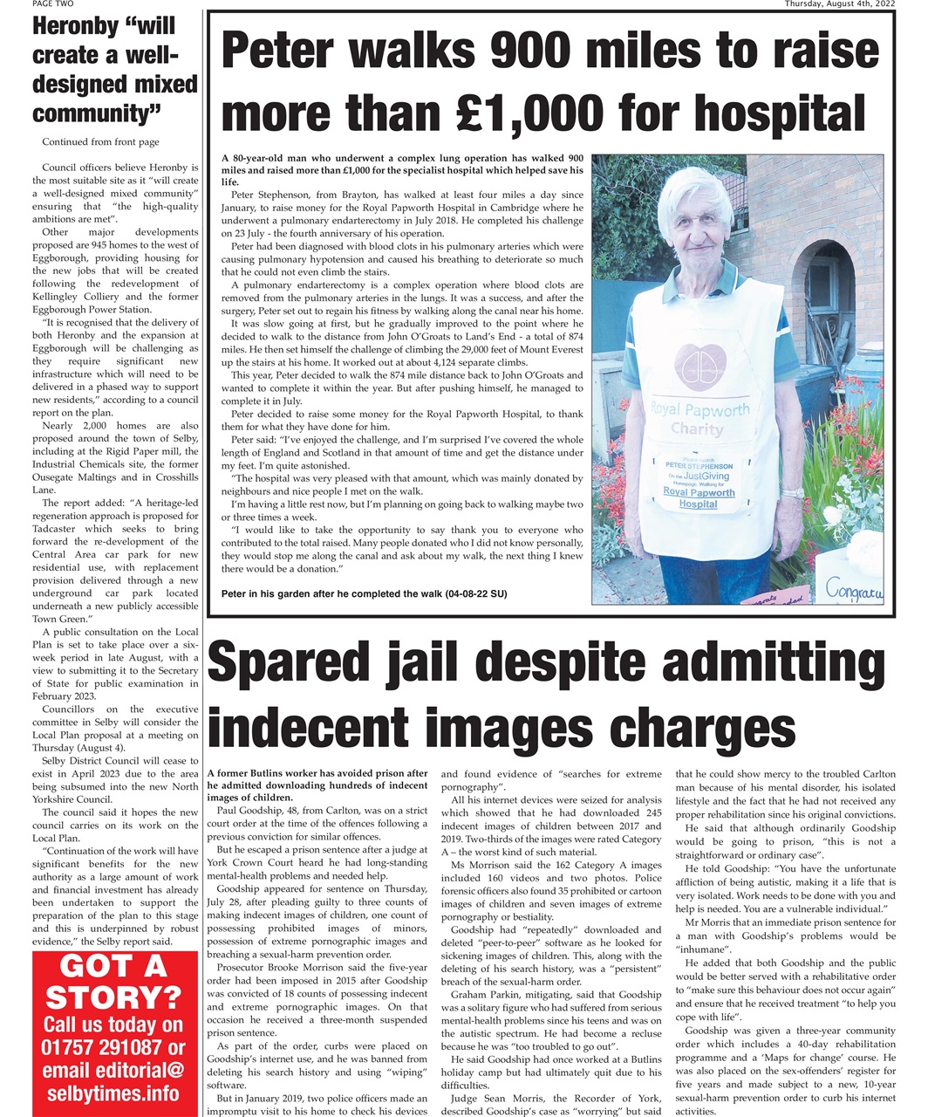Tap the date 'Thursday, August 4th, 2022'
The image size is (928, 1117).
(839, 4)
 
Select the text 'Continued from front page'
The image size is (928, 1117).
(100, 141)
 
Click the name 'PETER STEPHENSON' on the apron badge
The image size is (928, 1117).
(699, 466)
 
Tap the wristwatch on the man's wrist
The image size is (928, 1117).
(791, 493)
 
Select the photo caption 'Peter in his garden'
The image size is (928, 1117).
(364, 593)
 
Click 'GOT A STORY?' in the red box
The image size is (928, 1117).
(113, 983)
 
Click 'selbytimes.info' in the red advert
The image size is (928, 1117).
(113, 1093)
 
